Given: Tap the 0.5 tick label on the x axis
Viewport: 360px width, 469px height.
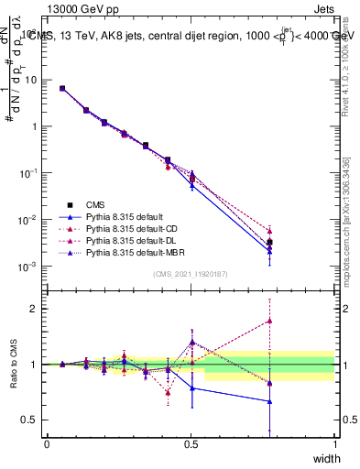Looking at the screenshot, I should (191, 443).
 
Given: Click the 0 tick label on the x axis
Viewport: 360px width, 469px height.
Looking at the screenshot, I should (47, 443).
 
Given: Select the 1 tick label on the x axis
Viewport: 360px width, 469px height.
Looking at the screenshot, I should (335, 443).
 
